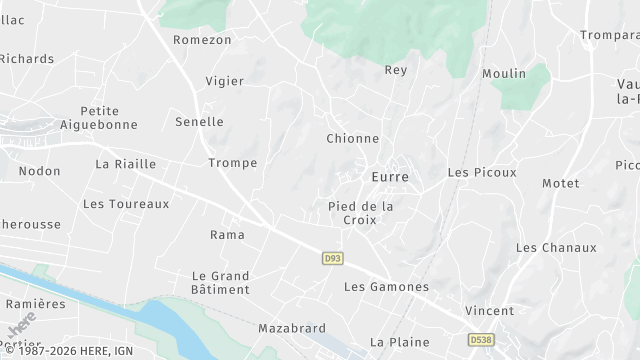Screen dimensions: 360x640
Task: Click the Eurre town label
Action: tap(390, 176)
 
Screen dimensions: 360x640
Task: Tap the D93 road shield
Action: tap(333, 258)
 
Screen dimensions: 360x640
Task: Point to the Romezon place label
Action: tap(202, 40)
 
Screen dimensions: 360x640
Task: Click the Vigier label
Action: tap(224, 81)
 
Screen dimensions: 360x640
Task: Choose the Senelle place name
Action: tap(199, 121)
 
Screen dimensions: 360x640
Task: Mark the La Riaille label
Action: tap(125, 163)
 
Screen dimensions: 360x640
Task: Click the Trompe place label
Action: tap(232, 163)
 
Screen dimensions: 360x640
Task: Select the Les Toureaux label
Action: tap(126, 204)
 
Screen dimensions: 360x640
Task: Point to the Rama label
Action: tap(227, 235)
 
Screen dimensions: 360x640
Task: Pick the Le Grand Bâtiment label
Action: tap(220, 282)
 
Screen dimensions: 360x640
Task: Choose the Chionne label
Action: tap(352, 139)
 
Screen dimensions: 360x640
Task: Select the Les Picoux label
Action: tap(482, 172)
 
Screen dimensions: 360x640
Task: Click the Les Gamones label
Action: tap(386, 287)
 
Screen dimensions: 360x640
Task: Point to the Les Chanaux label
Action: tap(556, 248)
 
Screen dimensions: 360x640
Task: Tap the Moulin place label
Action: tap(503, 74)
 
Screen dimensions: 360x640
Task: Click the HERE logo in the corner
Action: tap(22, 329)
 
